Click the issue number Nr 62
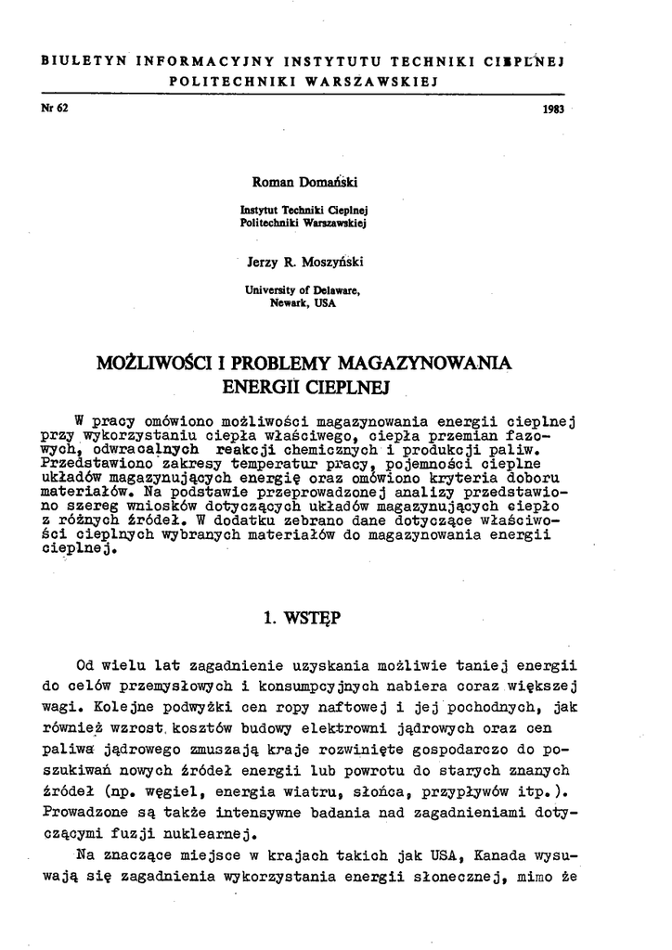[x=57, y=107]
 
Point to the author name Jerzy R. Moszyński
[x=304, y=263]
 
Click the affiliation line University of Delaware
[x=302, y=290]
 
